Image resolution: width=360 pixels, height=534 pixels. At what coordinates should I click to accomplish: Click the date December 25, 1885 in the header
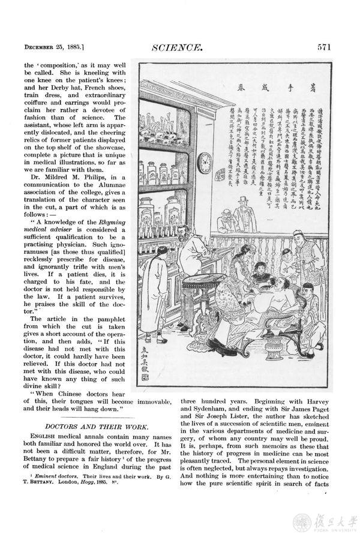point(54,46)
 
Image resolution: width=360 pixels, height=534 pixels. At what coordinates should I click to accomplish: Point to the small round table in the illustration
point(204,282)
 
